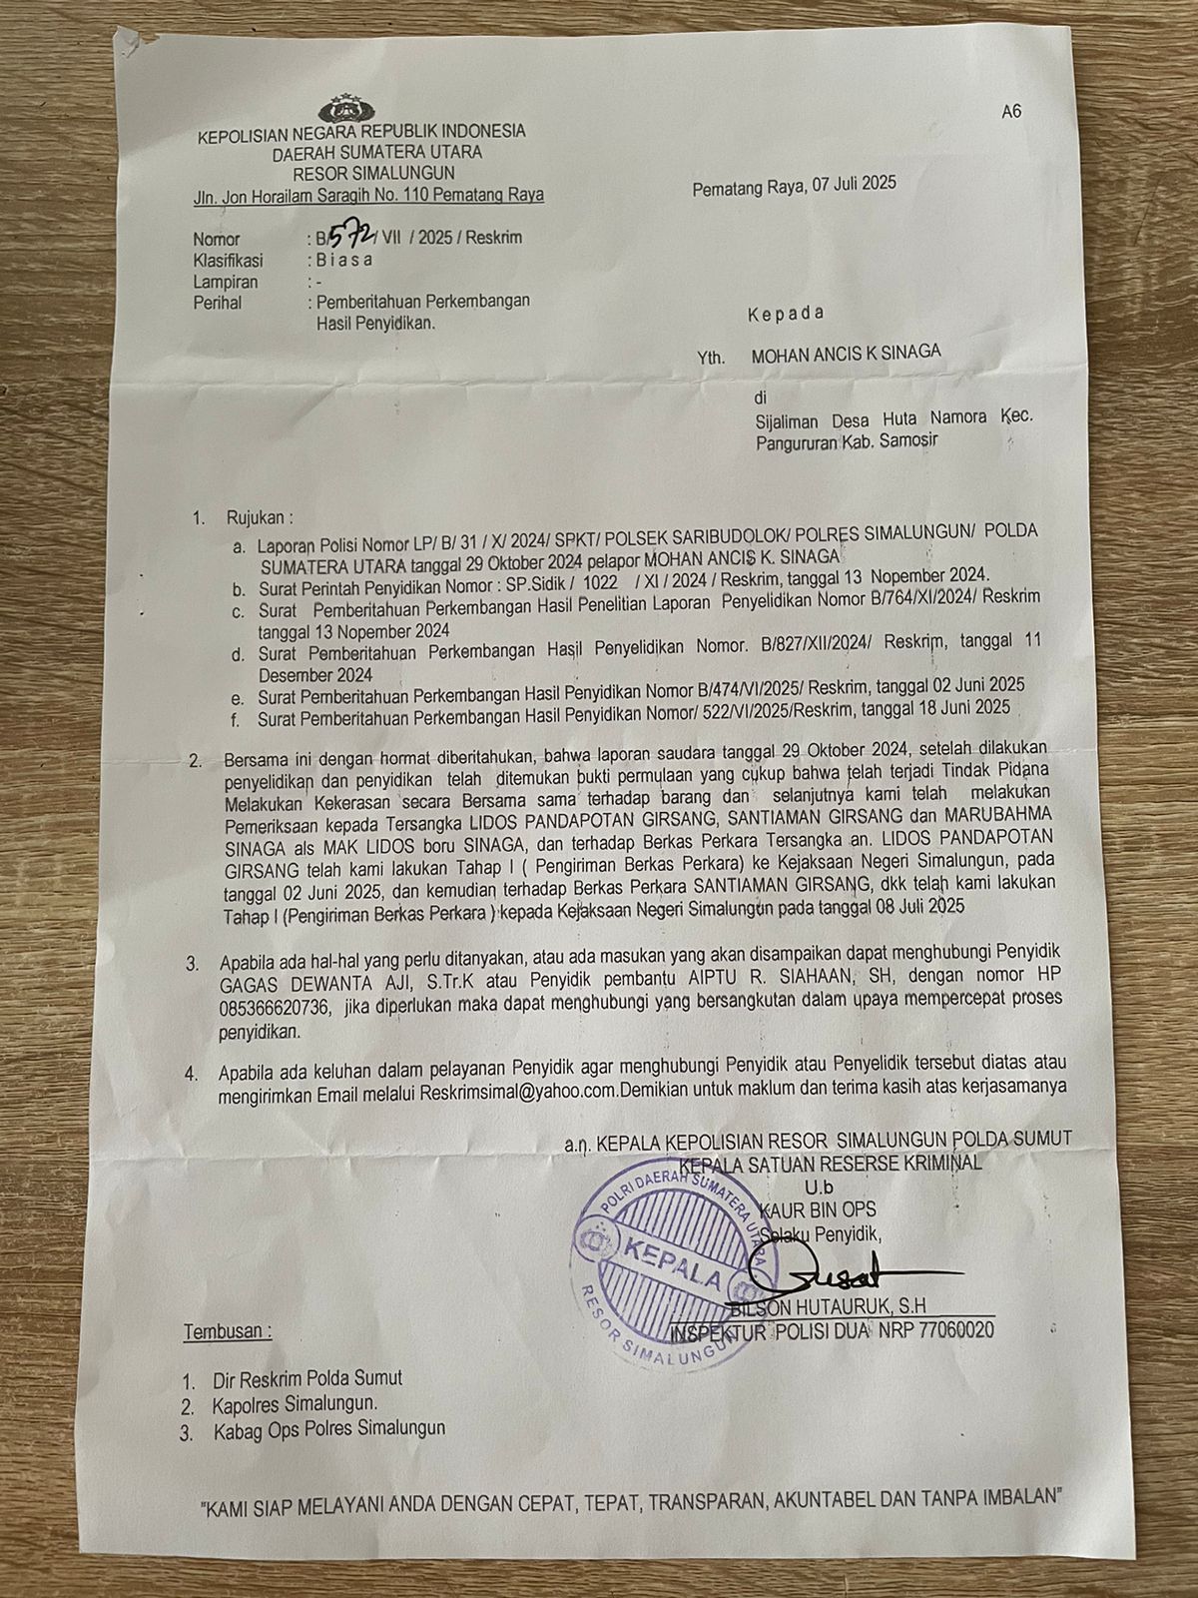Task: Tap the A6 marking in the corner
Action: [x=1010, y=112]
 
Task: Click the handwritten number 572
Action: [x=351, y=236]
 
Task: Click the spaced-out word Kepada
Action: [x=786, y=313]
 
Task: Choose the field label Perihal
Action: [x=218, y=302]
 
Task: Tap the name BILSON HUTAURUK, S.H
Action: [x=819, y=1307]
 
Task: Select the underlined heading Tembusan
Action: [x=227, y=1331]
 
